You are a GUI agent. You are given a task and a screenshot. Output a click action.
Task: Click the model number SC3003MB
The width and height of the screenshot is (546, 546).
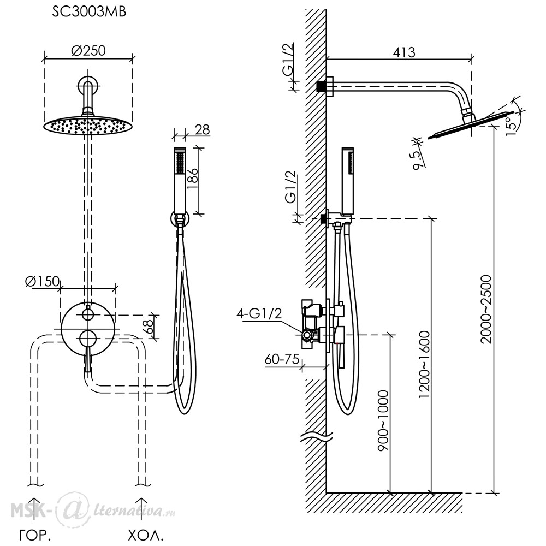89,12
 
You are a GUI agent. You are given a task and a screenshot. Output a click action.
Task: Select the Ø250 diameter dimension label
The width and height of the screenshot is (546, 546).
88,51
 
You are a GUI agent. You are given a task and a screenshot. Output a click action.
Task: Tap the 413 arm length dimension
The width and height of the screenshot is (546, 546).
404,52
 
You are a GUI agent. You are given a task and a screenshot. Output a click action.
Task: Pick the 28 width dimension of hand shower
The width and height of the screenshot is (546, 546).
202,130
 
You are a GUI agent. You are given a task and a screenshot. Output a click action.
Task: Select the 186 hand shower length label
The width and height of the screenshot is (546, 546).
193,179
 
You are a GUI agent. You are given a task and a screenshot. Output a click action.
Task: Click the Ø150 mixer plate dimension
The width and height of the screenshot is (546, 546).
43,281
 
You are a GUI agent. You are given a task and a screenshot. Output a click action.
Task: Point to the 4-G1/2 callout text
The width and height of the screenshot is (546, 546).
259,314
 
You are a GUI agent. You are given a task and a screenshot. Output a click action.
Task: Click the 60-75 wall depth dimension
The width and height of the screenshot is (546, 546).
282,359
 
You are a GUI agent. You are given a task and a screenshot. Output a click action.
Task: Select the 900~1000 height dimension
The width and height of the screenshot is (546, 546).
383,420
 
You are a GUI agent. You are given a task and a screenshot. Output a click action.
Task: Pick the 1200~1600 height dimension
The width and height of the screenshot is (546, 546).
424,365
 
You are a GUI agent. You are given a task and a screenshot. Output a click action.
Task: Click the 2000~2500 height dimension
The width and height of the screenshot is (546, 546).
486,309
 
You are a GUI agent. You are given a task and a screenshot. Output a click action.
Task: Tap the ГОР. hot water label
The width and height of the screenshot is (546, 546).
35,535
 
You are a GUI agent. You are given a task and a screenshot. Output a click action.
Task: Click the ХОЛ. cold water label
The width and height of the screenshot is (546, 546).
146,535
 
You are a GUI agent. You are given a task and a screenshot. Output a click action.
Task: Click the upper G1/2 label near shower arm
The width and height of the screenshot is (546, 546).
288,59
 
